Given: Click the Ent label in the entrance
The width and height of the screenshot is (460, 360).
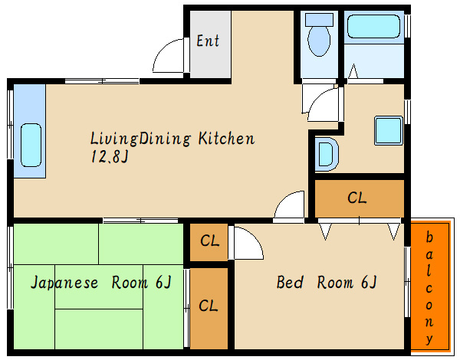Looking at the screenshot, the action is coord(208,41).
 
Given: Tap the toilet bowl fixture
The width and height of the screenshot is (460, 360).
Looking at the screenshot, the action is coord(319,41).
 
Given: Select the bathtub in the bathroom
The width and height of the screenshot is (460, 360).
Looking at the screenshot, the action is coord(373,27).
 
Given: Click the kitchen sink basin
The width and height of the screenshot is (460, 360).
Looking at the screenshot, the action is coord(31,145).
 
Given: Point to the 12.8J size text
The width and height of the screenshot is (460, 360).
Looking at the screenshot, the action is coord(110,156).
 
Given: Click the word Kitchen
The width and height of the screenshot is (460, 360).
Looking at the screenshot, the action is coord(226,139).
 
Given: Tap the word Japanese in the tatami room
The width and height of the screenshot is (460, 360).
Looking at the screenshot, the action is coord(64,283).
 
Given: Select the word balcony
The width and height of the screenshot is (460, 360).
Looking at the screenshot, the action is coord(429,288).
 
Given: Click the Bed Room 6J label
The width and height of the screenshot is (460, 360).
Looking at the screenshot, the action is coord(327,283).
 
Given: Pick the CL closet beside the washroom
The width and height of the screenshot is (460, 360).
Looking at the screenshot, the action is coord(356,198).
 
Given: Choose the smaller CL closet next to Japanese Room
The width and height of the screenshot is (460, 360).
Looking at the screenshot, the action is coord(209,241).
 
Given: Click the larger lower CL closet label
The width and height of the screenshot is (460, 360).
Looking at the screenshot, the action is coord(209,306).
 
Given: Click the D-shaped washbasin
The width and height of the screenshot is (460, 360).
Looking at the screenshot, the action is coord(327,154).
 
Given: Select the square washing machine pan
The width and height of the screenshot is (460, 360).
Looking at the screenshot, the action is coord(389,130).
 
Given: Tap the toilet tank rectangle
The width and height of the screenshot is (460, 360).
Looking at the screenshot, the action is coord(319,20).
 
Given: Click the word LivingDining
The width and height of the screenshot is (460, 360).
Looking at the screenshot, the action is coord(140,139).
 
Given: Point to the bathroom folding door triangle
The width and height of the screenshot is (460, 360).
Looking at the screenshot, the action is coord(353,71).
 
